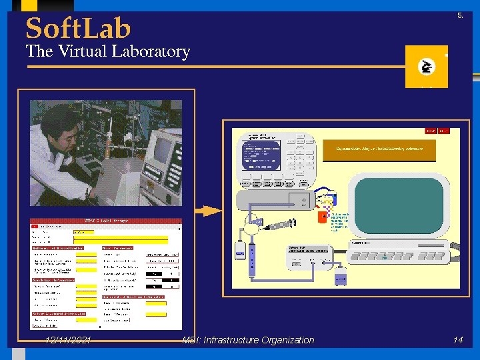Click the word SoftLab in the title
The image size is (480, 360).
78,29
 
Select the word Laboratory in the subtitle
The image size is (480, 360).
151,52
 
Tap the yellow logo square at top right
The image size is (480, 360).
426,67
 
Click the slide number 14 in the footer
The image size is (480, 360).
457,340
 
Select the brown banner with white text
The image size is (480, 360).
379,151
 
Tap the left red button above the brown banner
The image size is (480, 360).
431,131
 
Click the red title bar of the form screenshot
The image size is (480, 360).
105,221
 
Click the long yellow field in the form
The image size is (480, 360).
120,239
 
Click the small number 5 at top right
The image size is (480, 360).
460,15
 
